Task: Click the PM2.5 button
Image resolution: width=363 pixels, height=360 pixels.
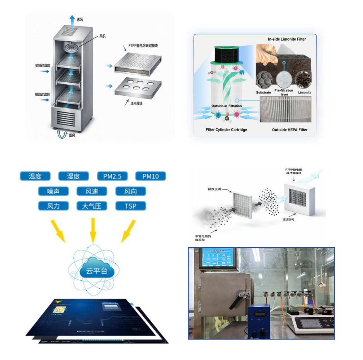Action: click(112, 177)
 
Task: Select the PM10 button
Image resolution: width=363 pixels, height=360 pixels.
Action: click(150, 177)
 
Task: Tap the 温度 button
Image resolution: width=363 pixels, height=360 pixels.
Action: click(35, 177)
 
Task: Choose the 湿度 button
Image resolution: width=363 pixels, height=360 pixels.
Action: click(73, 177)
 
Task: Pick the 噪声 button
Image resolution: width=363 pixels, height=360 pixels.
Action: click(53, 191)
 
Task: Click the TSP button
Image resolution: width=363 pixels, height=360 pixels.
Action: click(131, 206)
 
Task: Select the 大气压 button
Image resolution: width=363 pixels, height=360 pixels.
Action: click(92, 206)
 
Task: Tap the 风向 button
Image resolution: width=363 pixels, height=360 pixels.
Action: click(131, 191)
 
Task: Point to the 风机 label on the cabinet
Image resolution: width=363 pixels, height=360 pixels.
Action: click(102, 36)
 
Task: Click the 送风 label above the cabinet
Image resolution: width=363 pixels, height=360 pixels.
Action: click(80, 20)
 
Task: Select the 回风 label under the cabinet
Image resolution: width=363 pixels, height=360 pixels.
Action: click(72, 136)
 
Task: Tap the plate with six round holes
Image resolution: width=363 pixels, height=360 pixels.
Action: click(138, 88)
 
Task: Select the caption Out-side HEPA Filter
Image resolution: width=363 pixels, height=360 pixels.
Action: click(290, 130)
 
